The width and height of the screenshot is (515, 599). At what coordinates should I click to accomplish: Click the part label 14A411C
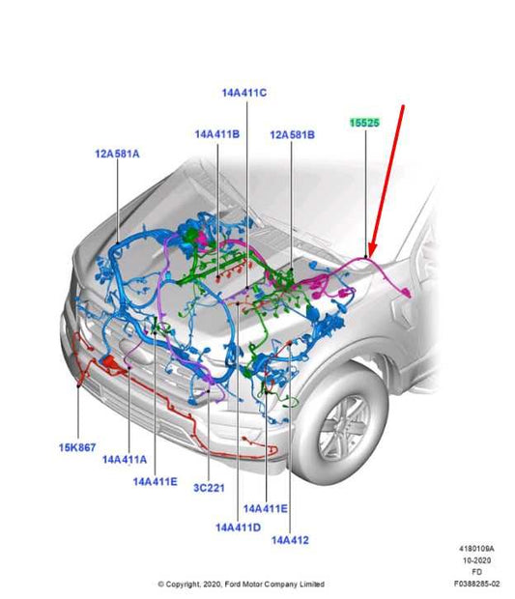(x=244, y=93)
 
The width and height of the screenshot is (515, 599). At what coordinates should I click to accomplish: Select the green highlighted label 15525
(x=365, y=123)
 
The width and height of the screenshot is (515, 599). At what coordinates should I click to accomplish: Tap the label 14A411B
(x=217, y=134)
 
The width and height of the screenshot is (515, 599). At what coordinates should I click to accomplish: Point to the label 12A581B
(x=292, y=135)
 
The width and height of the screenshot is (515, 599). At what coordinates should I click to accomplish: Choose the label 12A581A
(x=117, y=154)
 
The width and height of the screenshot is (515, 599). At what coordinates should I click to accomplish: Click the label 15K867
(x=77, y=447)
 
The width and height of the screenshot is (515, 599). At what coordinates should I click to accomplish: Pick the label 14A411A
(x=125, y=459)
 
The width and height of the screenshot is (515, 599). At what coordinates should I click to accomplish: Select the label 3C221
(x=209, y=488)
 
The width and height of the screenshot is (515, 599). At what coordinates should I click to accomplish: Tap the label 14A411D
(x=239, y=528)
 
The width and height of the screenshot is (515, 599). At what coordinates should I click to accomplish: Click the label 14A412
(x=290, y=540)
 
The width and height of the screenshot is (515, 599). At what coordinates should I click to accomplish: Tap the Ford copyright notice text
(x=241, y=585)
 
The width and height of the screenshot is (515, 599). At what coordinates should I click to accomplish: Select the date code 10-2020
(x=476, y=560)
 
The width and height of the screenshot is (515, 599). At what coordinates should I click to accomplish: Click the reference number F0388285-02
(x=476, y=584)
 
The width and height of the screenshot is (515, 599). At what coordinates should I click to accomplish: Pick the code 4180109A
(x=476, y=549)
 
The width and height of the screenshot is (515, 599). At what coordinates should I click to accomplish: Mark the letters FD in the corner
(x=476, y=572)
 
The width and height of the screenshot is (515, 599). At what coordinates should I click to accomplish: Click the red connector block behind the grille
(x=110, y=361)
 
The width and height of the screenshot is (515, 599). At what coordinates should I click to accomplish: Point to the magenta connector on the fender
(x=407, y=293)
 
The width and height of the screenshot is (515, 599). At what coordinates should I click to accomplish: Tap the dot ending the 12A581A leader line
(x=117, y=242)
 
